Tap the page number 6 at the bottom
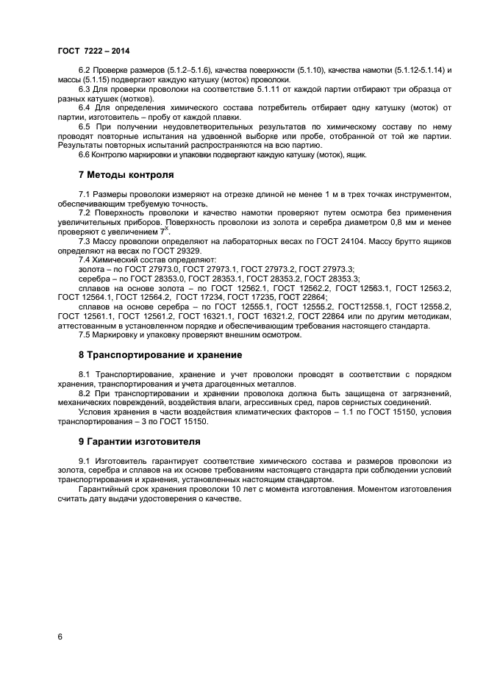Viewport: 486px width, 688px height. tap(60, 636)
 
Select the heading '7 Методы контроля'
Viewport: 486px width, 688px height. tap(126, 175)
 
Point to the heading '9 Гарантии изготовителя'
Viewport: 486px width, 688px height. tap(140, 441)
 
